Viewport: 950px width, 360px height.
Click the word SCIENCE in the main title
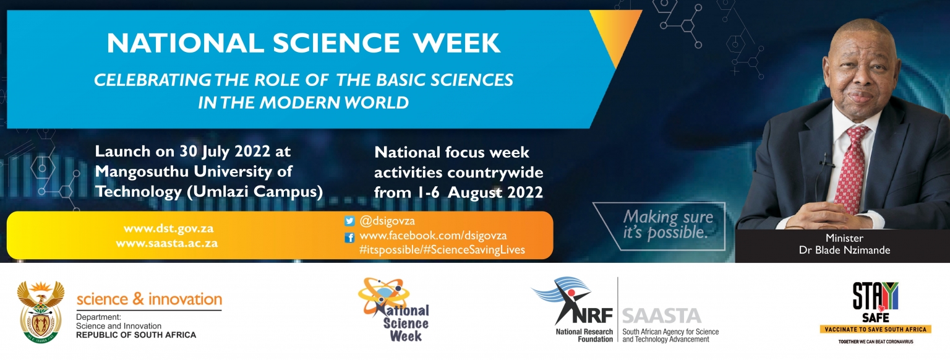[x=336, y=43]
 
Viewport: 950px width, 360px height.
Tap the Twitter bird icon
[x=349, y=221]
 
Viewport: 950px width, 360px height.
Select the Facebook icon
[x=349, y=238]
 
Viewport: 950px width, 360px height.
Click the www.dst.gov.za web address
[x=168, y=228]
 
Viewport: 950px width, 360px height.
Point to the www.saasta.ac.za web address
[x=166, y=243]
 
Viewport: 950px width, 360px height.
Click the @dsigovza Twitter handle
[x=387, y=221]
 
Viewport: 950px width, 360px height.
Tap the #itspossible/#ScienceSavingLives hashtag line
[x=442, y=250]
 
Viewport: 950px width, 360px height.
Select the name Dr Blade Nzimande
[x=844, y=250]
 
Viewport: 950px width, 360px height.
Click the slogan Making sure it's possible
[x=667, y=225]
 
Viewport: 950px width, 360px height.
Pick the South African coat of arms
[x=41, y=312]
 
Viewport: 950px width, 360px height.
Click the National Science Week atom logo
[x=393, y=310]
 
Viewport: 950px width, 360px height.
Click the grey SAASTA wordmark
[x=662, y=316]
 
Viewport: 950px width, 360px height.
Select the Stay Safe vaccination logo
[x=875, y=312]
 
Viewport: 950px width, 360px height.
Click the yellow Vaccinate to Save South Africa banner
[x=875, y=329]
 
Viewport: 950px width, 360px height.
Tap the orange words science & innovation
[x=149, y=299]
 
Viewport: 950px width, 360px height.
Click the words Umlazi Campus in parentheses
[x=255, y=192]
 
